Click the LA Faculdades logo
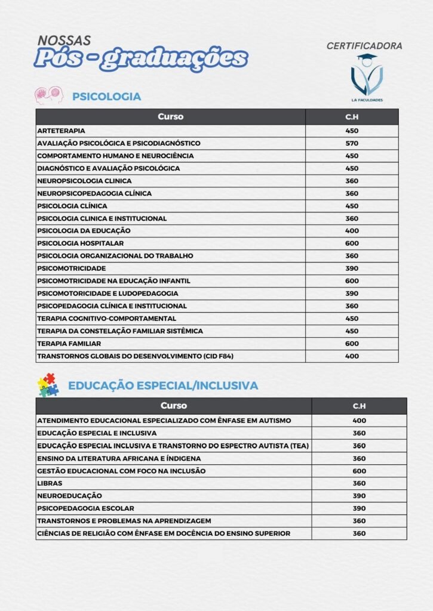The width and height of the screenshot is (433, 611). pos(367,78)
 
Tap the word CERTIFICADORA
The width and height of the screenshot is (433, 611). pos(364,46)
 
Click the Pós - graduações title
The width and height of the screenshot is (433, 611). pos(140,58)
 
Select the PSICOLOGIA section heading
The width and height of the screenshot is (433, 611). pos(106,96)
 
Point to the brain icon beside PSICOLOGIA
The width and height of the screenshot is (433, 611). pos(49,94)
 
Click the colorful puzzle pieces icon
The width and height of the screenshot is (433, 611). pos(48,385)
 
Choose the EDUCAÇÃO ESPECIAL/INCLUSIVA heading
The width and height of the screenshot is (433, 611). pos(163,385)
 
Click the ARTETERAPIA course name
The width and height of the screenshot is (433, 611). pos(61,131)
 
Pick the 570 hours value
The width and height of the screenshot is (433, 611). pos(352,143)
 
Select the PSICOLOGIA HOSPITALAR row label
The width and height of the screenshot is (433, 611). pos(80,243)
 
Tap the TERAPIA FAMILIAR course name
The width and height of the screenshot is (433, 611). pos(69,344)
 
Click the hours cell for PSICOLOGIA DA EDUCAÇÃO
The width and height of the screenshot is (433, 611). pos(352,230)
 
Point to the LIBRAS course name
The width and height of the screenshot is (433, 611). pos(50,483)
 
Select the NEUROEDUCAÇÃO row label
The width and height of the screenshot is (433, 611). pos(69,496)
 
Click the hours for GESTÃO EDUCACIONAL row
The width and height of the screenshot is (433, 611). pos(359,471)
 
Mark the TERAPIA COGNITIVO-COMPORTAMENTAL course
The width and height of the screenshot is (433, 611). pos(106,319)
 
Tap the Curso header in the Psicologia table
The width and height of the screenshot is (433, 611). pos(170,116)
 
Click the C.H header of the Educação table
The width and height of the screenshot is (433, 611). pos(359,406)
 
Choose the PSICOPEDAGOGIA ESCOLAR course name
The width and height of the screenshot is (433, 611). pos(85,508)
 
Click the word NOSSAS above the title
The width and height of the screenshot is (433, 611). pos(64,41)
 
